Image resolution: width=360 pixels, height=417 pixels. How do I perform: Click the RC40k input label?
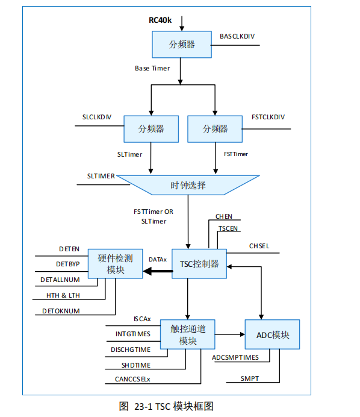coord(160,20)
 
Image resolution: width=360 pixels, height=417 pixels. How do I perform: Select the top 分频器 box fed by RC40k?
coord(182,44)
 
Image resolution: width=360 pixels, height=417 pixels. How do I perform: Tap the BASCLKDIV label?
coord(237,37)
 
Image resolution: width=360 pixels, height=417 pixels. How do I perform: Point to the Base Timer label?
coord(152,68)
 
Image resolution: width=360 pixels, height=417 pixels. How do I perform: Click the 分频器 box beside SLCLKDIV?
coord(151,129)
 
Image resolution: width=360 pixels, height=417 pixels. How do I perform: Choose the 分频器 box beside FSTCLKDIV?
coord(216,129)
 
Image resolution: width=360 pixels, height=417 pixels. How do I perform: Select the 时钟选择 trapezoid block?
coord(188,185)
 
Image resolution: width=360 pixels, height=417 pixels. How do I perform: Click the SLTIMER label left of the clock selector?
coord(101,176)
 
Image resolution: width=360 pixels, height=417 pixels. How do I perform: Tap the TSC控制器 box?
coord(199,264)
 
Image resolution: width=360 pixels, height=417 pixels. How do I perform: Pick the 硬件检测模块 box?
coord(116,264)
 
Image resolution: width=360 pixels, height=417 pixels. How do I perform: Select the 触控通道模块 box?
coord(188,334)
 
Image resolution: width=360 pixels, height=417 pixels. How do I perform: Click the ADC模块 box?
coord(272,334)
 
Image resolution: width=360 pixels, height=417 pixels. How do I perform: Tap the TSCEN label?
coord(228,229)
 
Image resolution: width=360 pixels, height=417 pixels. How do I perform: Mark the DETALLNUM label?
coord(60,280)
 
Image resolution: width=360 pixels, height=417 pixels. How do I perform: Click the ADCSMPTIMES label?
coord(235,357)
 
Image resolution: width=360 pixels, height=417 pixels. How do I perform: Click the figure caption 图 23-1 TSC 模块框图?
coord(166,406)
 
